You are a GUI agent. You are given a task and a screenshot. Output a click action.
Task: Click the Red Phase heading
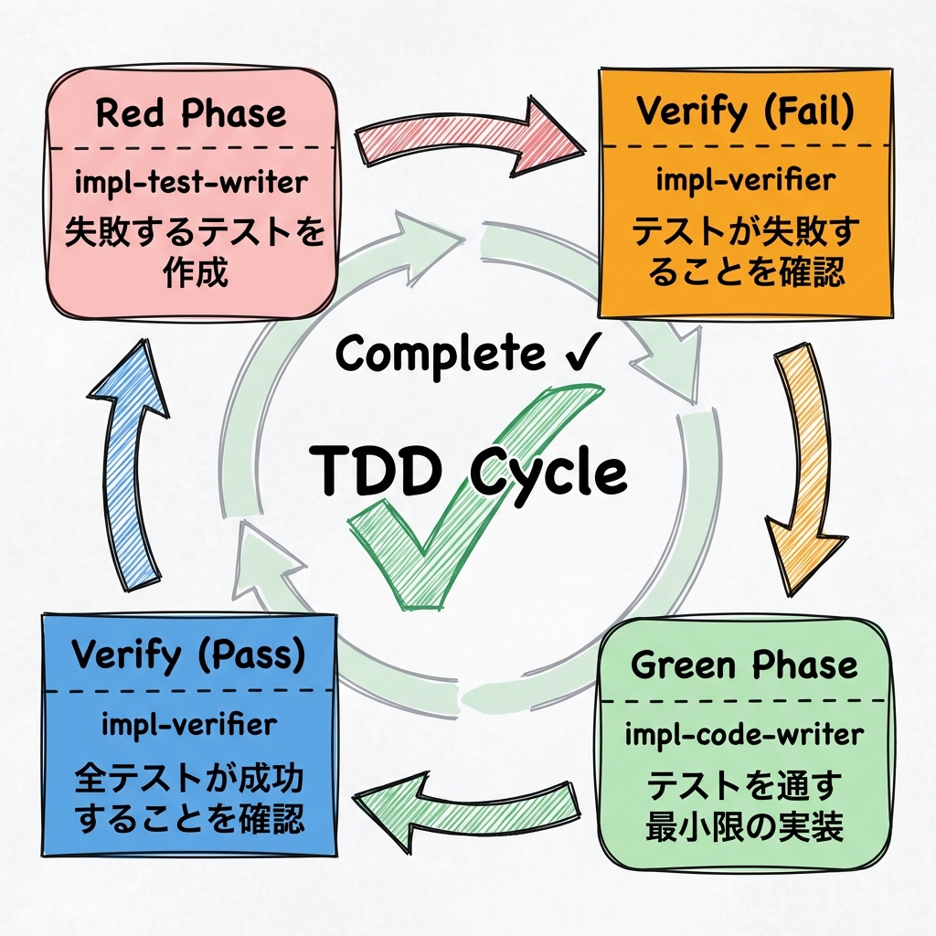click(191, 115)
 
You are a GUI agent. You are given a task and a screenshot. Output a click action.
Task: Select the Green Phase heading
click(745, 665)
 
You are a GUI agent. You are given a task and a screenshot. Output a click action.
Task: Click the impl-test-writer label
click(191, 182)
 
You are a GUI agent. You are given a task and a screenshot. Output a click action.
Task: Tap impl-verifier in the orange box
click(745, 180)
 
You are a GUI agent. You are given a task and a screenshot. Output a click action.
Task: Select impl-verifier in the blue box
click(189, 725)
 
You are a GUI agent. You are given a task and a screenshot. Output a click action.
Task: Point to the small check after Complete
click(582, 353)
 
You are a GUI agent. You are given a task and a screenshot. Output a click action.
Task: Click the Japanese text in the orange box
click(745, 253)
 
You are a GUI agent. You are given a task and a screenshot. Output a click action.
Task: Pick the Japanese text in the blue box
click(189, 799)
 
